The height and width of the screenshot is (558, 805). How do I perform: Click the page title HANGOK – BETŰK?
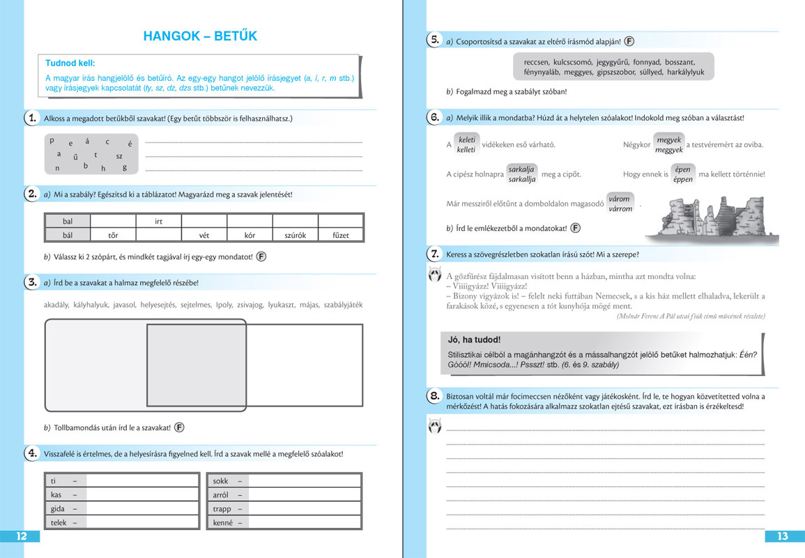coord(200,36)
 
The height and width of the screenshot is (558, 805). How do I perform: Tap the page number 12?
coord(22,536)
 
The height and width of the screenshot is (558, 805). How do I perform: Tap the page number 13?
coord(782,536)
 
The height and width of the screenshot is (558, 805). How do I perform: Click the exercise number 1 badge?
coord(31,118)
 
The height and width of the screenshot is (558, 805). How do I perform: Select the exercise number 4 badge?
coord(31,453)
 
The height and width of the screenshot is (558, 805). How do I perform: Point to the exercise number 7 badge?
coord(434,254)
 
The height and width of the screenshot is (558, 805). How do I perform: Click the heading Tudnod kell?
coord(70,63)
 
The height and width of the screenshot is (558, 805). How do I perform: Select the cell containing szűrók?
coord(296,235)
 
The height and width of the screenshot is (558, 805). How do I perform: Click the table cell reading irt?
coord(158,221)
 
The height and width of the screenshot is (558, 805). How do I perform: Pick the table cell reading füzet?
coord(340,235)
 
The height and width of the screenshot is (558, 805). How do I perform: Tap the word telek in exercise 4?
coord(59,522)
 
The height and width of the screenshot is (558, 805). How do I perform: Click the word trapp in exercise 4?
coord(222,508)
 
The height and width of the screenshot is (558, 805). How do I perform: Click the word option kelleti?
coord(466,149)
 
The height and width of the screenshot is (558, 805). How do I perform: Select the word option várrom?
coord(620,209)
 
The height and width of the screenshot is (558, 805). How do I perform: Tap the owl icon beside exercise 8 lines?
coord(434,425)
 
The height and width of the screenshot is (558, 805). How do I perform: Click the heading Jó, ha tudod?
coord(475,340)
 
